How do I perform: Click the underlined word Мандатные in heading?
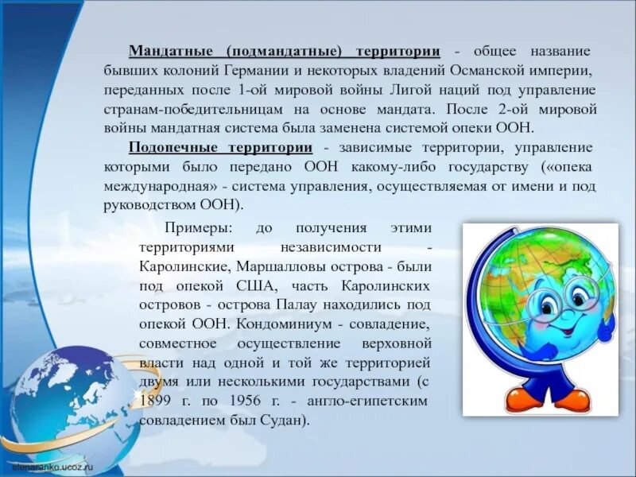tap(169, 51)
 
